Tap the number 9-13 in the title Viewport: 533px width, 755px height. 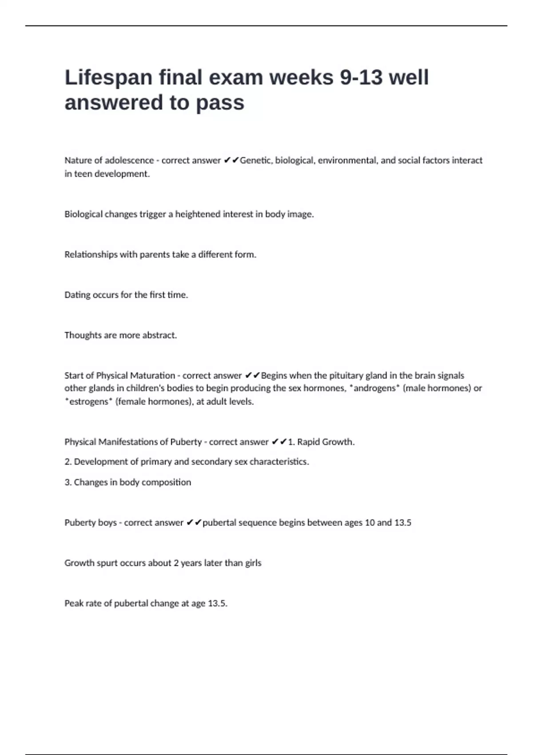(361, 77)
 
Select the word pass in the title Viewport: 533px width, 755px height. (220, 103)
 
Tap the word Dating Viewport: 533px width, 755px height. (77, 295)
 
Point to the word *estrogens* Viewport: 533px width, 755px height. (88, 401)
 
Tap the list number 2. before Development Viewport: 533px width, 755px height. (68, 462)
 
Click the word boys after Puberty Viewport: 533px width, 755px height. (107, 523)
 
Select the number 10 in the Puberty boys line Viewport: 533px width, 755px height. (370, 523)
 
